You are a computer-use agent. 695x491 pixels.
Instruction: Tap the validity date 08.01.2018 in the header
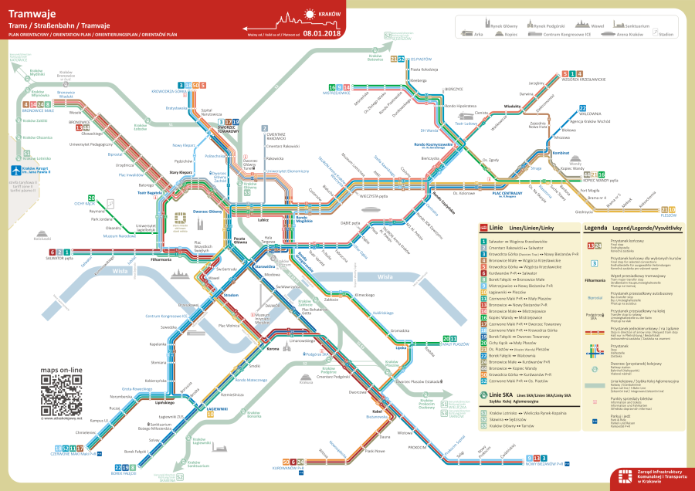323,34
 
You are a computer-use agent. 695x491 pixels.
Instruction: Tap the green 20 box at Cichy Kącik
91,198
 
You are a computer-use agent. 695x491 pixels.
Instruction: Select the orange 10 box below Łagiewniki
209,414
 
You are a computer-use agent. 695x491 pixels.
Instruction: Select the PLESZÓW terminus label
668,215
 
